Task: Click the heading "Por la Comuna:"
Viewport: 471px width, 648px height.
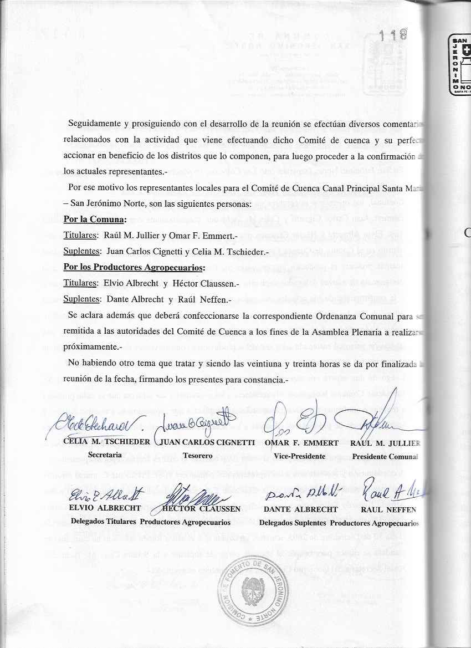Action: click(x=95, y=219)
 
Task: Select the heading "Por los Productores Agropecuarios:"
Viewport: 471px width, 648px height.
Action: click(x=134, y=268)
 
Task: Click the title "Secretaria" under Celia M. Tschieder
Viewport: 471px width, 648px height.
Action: click(x=105, y=455)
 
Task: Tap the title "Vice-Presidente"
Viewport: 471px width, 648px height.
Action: click(x=299, y=456)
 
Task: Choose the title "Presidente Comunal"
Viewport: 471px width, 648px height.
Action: click(x=385, y=456)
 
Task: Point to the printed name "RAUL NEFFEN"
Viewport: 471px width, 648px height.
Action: click(x=388, y=508)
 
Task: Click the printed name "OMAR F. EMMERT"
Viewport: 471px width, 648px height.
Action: click(x=301, y=443)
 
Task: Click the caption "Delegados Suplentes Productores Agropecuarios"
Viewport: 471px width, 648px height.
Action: click(x=339, y=522)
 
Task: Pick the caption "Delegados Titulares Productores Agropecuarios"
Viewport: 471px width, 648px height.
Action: click(x=151, y=522)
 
